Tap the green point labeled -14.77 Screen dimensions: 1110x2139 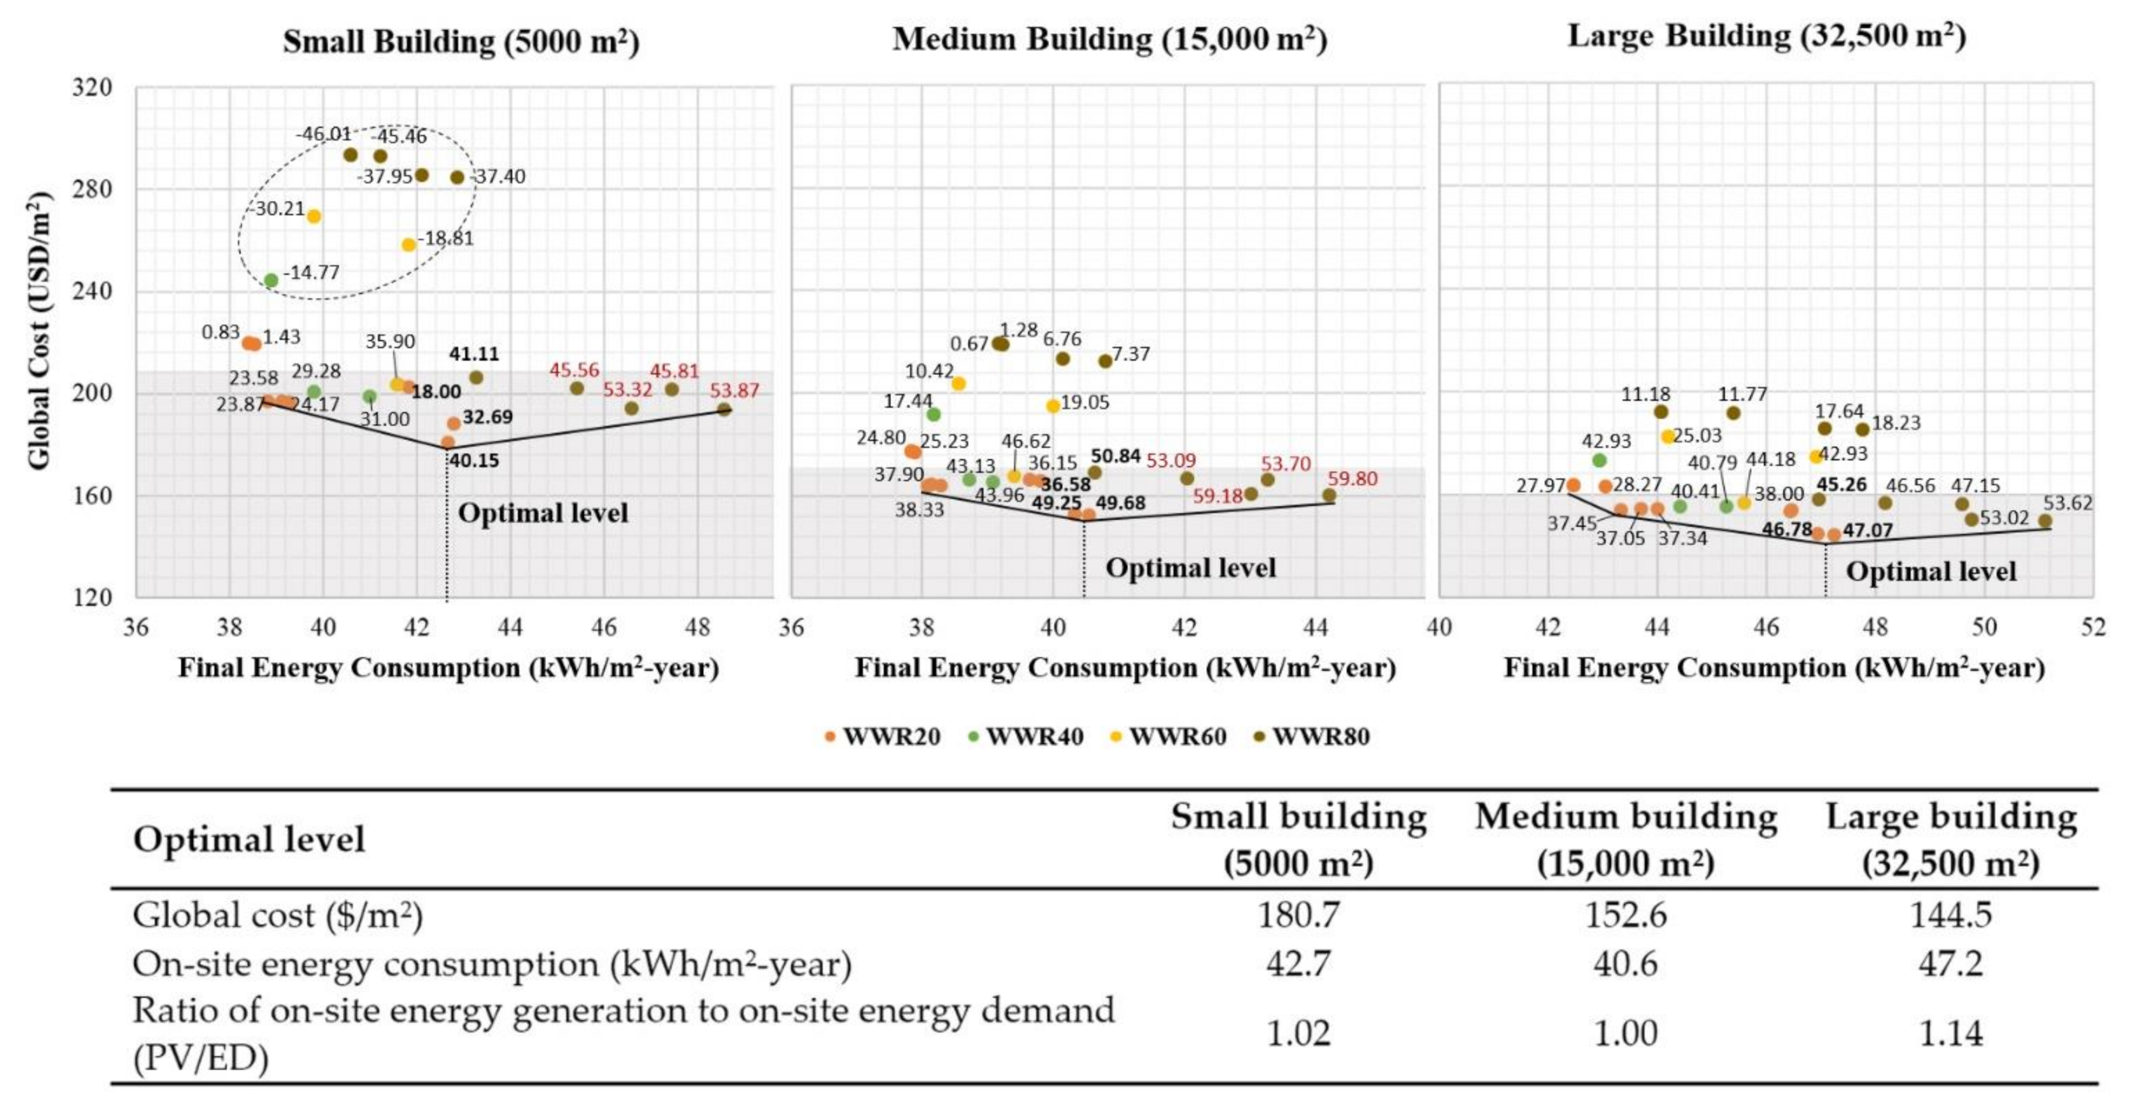point(271,281)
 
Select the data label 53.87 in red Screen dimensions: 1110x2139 point(734,390)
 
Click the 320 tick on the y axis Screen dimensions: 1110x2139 point(92,87)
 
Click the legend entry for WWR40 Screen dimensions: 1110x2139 point(1026,736)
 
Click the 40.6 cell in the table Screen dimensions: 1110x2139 point(1625,964)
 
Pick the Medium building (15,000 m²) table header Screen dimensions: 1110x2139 point(1625,840)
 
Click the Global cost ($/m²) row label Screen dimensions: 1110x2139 point(277,915)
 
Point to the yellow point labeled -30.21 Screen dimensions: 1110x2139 point(314,217)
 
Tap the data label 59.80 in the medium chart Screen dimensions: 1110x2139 point(1352,478)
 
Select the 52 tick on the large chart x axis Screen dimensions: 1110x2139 point(2093,627)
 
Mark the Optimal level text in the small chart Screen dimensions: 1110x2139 point(543,513)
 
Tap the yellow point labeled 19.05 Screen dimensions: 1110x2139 point(1053,406)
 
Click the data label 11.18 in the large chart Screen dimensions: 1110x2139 point(1646,393)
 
